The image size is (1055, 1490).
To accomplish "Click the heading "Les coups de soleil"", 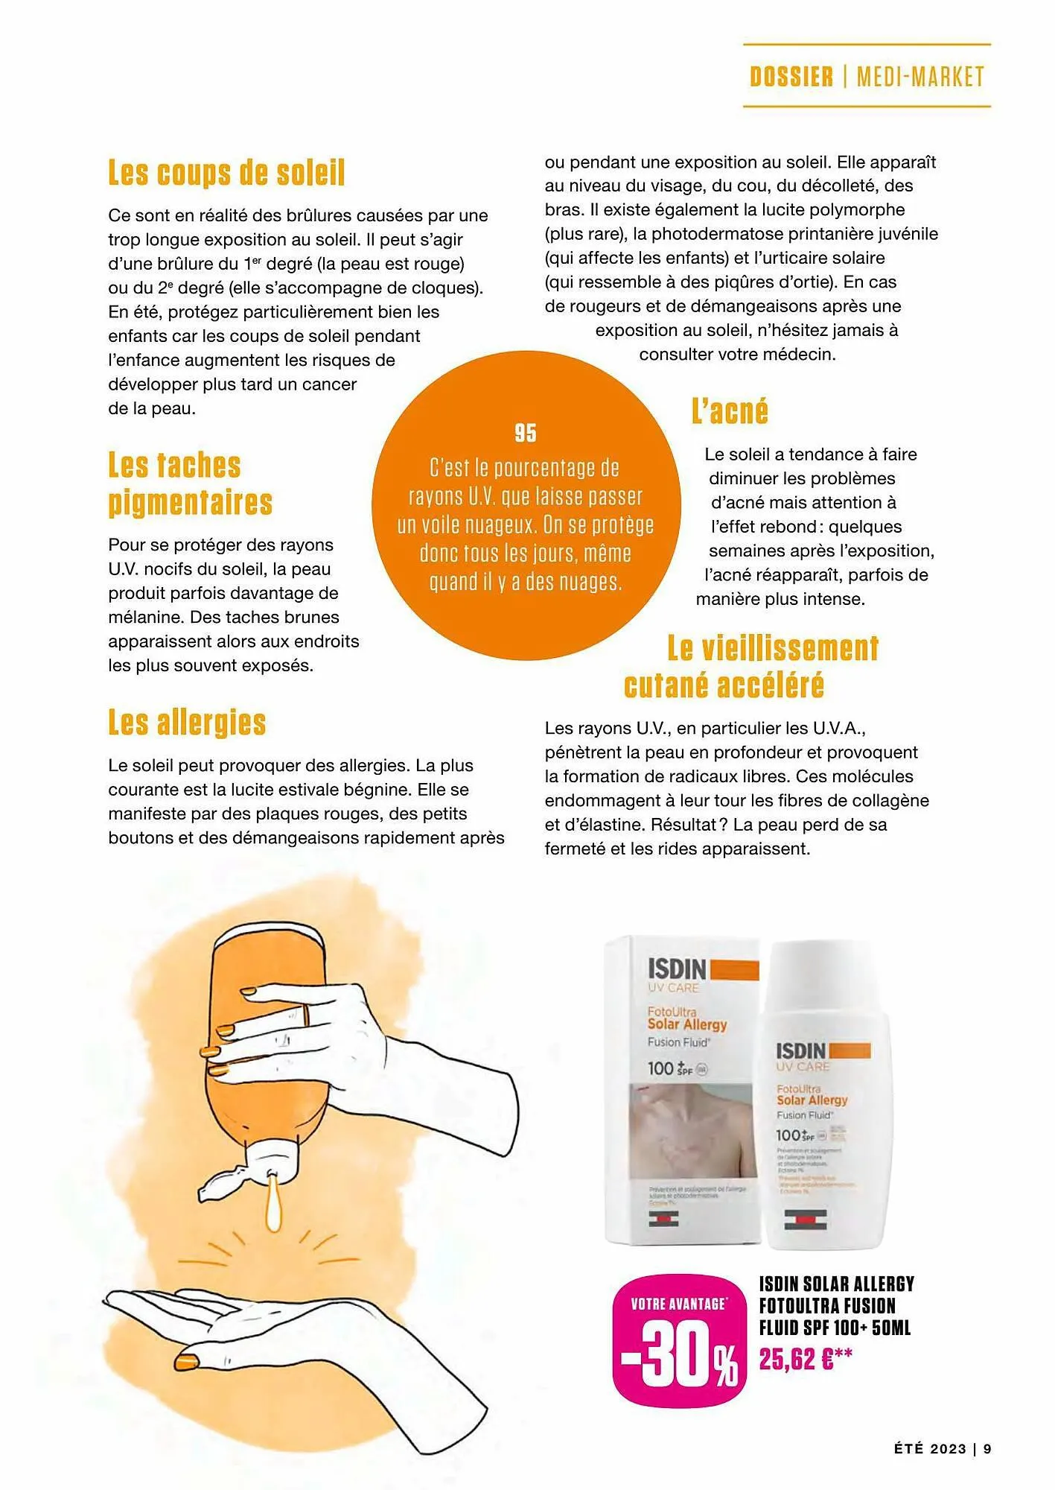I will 226,173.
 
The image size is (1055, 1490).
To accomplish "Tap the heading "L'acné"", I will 729,411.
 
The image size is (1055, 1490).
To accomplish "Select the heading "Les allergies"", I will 187,723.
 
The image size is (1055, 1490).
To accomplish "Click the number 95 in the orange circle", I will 526,433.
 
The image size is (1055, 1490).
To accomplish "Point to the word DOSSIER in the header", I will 791,77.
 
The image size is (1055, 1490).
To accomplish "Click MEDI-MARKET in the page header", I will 920,77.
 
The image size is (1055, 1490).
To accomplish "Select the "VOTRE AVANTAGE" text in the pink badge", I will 678,1304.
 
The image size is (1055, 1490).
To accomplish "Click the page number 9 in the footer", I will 987,1449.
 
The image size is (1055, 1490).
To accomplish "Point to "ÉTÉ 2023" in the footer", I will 930,1449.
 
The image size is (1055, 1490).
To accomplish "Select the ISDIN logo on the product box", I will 677,969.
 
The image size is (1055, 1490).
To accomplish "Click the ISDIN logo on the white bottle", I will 801,1050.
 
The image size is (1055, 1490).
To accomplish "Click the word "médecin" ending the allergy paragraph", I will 803,355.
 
